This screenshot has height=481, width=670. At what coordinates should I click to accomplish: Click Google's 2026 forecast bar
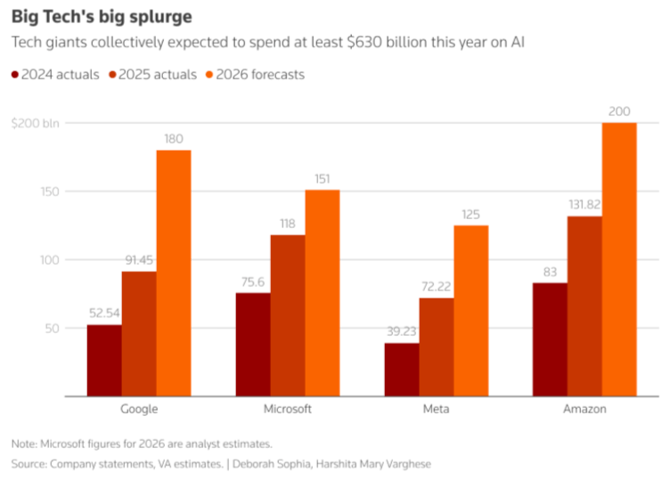click(x=174, y=273)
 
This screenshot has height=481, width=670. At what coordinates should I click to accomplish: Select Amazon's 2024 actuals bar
click(x=550, y=339)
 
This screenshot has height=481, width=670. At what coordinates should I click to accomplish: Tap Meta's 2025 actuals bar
click(x=437, y=346)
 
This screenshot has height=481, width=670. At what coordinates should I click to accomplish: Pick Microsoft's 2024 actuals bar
click(x=253, y=344)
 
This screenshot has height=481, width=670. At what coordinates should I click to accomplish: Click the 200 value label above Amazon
click(x=619, y=111)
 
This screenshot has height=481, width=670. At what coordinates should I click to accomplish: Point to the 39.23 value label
click(x=402, y=331)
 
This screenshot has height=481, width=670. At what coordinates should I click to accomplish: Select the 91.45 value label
click(x=139, y=259)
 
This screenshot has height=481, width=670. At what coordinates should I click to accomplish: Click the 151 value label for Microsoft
click(x=323, y=178)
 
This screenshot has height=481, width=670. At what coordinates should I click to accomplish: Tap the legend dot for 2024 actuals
click(x=15, y=75)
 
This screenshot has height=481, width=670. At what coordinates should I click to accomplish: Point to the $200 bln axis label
click(x=36, y=123)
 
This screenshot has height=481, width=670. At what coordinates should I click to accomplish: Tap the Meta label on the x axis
click(x=437, y=409)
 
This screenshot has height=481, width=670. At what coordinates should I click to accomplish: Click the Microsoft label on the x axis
click(x=288, y=409)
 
